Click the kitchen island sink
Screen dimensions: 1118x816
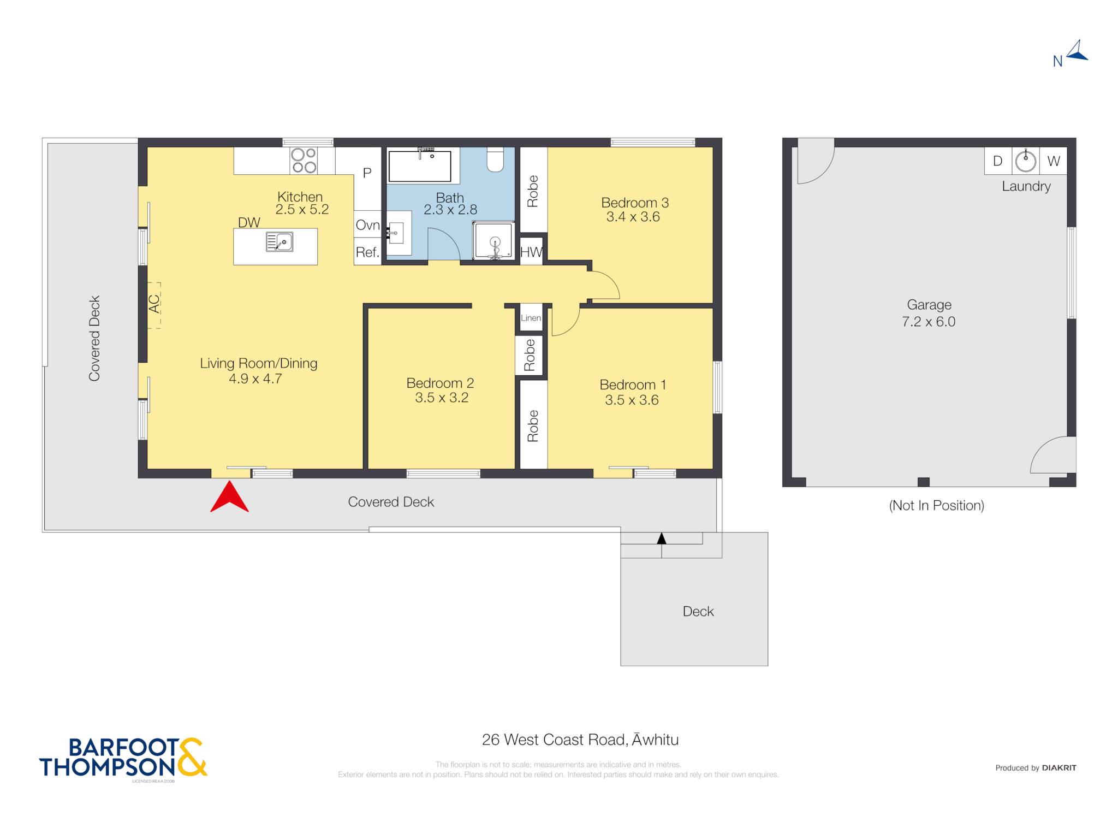tap(279, 241)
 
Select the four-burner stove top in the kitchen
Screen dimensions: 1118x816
tap(304, 161)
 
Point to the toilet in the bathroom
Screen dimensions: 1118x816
tap(495, 159)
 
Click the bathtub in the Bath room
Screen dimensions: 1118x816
tap(419, 165)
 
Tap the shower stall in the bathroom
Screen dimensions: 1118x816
tap(493, 240)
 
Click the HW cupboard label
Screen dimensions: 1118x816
tap(531, 252)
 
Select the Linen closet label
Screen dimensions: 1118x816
tap(531, 318)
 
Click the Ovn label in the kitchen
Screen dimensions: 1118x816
tap(367, 225)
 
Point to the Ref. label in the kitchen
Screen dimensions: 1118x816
tap(367, 252)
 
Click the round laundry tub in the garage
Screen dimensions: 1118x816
tap(1026, 161)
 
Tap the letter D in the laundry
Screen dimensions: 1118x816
tap(997, 161)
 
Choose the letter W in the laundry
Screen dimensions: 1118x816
tap(1054, 161)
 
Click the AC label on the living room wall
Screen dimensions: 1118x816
tap(154, 304)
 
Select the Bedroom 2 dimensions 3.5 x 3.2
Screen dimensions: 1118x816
tap(442, 398)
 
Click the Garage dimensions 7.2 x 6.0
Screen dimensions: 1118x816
tap(929, 322)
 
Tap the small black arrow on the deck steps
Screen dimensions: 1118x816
tap(662, 539)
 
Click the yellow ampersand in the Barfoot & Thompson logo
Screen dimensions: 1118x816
tap(192, 757)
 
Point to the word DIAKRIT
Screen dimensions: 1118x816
tap(1059, 768)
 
